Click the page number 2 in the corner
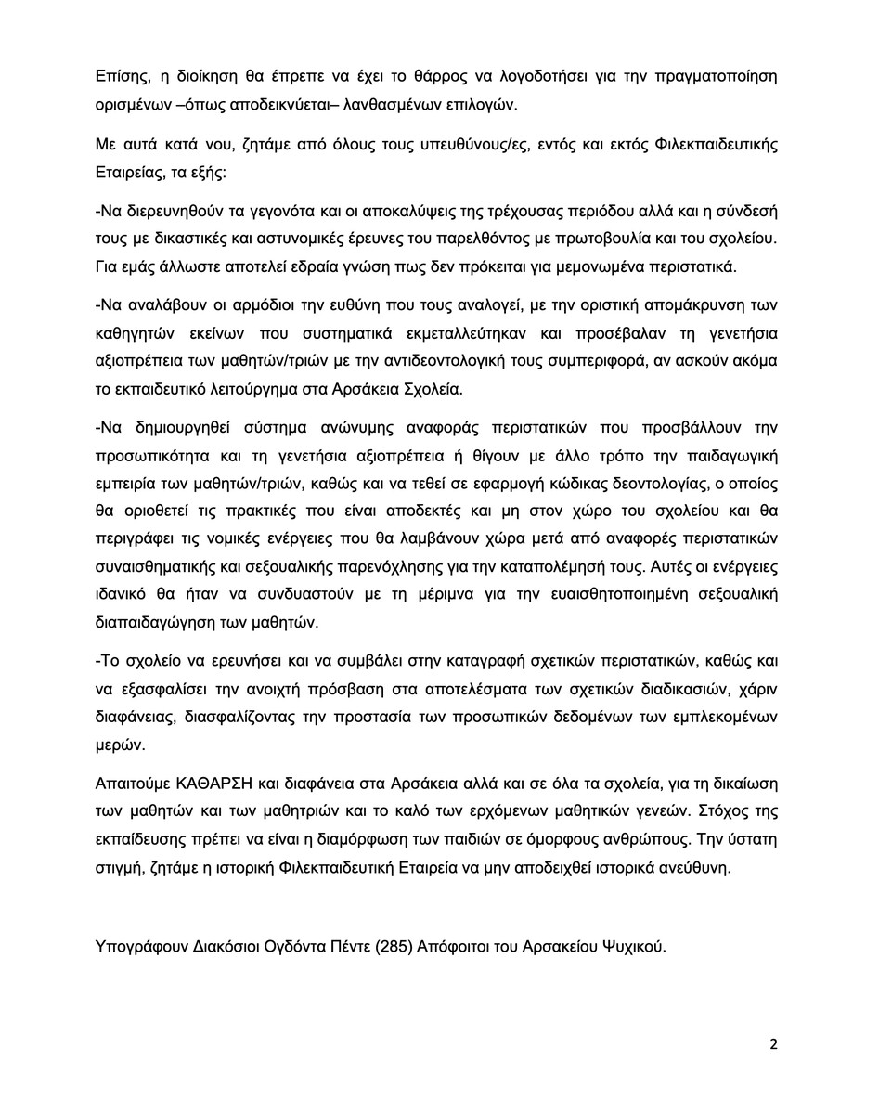point(773,1043)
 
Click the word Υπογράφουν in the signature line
point(139,948)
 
